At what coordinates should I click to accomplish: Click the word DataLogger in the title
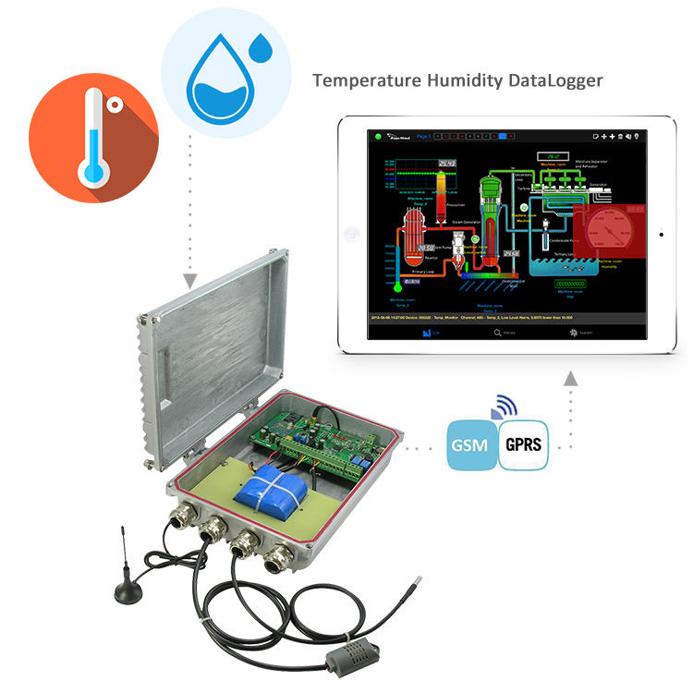pos(555,80)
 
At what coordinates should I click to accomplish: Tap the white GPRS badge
pos(522,444)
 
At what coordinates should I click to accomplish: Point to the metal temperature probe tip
pos(419,583)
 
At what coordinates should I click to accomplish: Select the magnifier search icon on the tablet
pos(497,331)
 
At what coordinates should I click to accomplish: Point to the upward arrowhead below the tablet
pos(570,377)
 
